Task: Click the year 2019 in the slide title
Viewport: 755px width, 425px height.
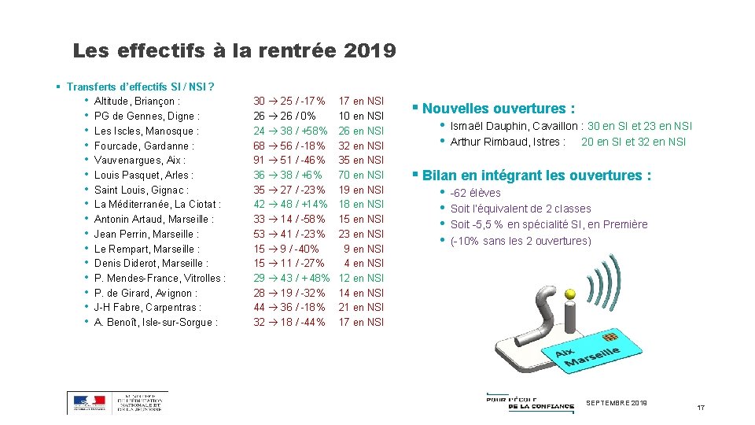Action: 370,52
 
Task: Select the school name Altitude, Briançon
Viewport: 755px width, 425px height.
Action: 137,102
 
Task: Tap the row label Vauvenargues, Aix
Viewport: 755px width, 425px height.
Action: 139,161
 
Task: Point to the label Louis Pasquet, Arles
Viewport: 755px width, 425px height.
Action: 143,175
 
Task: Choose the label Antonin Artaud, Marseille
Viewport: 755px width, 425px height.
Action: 153,219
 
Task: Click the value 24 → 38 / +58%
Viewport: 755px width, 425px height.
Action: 290,131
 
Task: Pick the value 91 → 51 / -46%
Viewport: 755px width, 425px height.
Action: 289,161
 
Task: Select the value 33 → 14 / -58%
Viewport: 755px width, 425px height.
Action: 289,219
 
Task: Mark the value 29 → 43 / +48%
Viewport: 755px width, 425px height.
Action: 291,278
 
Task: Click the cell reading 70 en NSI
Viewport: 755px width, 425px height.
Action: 361,175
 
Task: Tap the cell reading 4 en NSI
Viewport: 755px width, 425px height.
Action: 363,263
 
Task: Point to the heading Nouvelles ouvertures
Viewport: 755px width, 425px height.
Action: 499,109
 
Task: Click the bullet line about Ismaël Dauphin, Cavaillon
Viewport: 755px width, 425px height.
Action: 571,127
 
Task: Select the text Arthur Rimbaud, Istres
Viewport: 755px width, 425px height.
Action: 507,142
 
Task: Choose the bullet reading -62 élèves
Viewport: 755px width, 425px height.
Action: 475,193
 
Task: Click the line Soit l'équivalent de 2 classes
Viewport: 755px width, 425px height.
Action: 521,209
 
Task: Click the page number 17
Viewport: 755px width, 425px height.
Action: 701,407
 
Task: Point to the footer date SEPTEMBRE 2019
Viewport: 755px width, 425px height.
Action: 616,403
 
